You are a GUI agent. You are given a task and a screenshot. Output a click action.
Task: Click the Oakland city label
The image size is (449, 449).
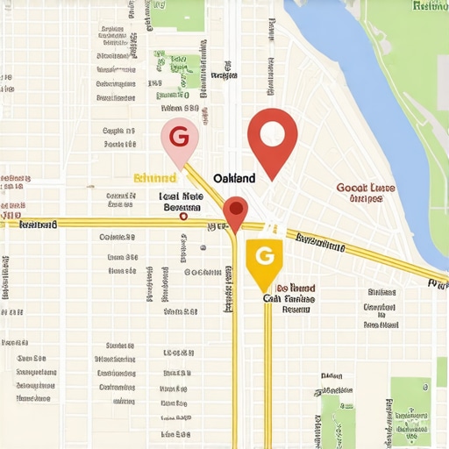coord(234,178)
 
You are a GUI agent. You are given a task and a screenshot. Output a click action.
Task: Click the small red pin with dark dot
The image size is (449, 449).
coord(235,210)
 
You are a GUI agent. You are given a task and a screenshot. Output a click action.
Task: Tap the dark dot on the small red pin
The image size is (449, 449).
coord(235,208)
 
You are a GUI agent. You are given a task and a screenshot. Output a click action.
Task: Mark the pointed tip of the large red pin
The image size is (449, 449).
coord(272,181)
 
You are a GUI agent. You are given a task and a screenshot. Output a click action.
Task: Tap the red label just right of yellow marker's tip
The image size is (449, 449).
coord(296,288)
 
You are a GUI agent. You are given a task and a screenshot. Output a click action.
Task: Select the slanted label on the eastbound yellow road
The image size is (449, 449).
coord(320,242)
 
